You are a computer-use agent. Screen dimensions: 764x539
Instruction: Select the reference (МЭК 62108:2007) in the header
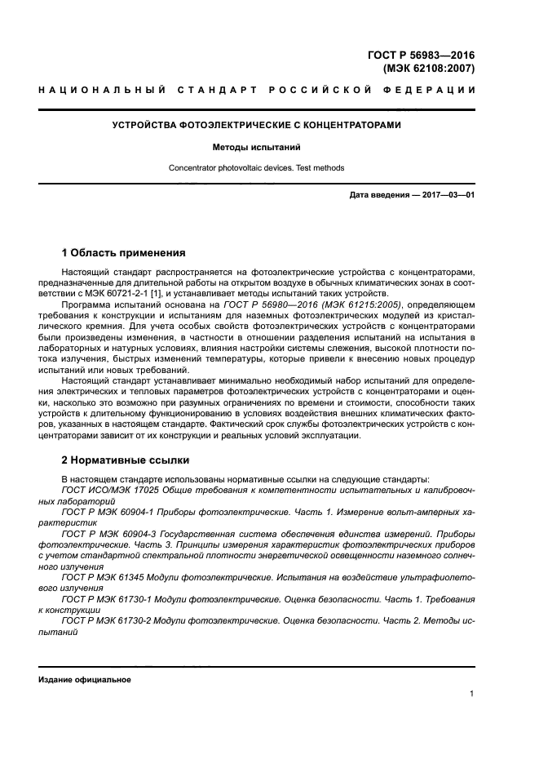pyautogui.click(x=429, y=69)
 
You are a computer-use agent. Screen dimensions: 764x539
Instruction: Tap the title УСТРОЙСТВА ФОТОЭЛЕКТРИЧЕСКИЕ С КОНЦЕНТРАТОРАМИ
pyautogui.click(x=256, y=125)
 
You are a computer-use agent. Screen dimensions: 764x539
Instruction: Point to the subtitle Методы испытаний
pyautogui.click(x=256, y=149)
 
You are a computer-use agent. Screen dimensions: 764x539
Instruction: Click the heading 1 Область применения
pyautogui.click(x=124, y=253)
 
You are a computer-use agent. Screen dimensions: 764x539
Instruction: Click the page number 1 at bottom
pyautogui.click(x=472, y=695)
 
